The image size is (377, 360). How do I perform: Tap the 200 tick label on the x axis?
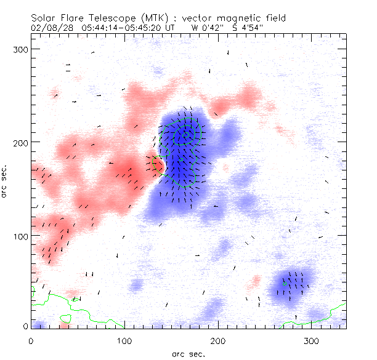coord(217,340)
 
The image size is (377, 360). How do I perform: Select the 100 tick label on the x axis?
coord(124,340)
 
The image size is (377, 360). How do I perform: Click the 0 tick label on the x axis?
coord(31,340)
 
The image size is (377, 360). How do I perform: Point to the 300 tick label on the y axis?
coord(22,49)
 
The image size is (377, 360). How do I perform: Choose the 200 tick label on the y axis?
coord(22,142)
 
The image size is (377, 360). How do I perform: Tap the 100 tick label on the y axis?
coord(22,236)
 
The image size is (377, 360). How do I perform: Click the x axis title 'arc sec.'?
coord(188,353)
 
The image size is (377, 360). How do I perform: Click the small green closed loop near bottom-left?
coord(66,318)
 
